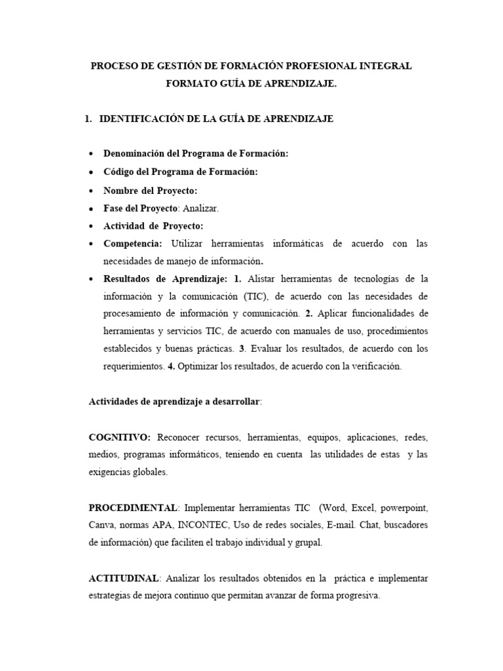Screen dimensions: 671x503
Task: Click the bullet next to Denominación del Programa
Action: (x=90, y=154)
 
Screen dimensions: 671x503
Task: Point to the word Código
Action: (x=120, y=172)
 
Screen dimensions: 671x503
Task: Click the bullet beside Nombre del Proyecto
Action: (x=90, y=191)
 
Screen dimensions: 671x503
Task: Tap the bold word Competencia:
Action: (x=134, y=244)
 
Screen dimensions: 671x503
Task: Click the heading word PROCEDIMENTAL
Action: (x=133, y=508)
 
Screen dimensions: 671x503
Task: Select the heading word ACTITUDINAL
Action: (x=124, y=579)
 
